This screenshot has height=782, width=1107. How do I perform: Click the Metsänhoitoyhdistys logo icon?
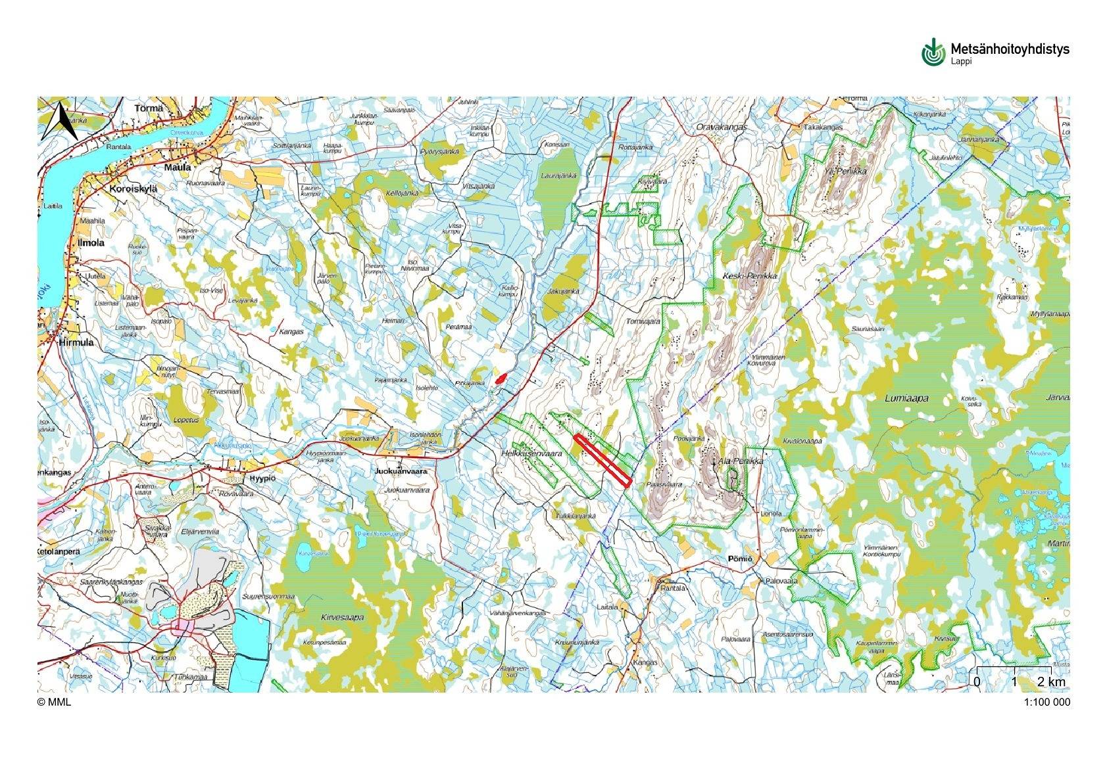tap(933, 52)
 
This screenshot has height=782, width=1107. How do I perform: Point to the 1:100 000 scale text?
tap(1046, 702)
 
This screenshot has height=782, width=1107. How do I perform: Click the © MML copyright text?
tap(54, 702)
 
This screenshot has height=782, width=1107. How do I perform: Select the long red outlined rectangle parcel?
tap(602, 460)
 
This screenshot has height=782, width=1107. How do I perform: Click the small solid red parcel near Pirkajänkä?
tap(501, 379)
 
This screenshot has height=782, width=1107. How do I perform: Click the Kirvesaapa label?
tap(342, 618)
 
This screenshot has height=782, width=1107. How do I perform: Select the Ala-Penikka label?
tap(741, 461)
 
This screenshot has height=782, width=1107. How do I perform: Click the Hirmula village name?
tap(76, 342)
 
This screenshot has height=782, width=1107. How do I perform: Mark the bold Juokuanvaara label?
tap(401, 471)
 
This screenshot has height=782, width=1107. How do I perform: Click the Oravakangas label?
tap(722, 127)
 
